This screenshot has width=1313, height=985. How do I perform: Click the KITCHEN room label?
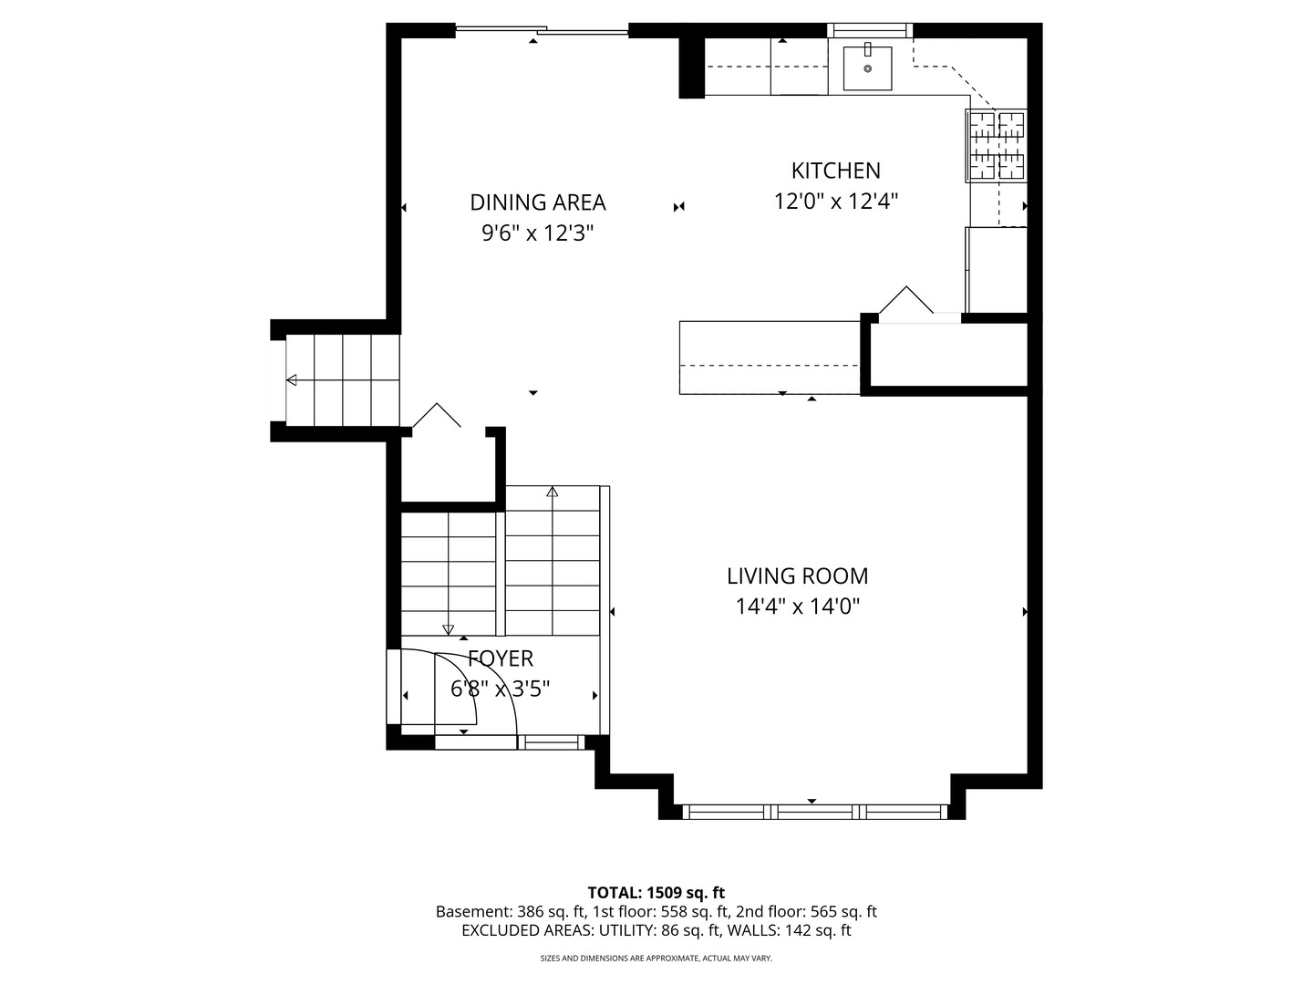pyautogui.click(x=835, y=171)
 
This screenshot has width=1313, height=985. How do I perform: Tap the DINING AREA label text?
pyautogui.click(x=538, y=202)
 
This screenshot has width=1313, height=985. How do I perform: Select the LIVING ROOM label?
pyautogui.click(x=797, y=575)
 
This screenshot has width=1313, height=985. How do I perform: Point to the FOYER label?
pyautogui.click(x=500, y=658)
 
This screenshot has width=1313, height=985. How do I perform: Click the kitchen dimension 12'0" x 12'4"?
pyautogui.click(x=835, y=201)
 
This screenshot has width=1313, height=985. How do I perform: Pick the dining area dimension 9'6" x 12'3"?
pyautogui.click(x=538, y=233)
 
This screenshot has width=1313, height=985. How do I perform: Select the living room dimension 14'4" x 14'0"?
pyautogui.click(x=797, y=607)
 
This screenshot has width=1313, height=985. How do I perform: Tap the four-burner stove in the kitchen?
pyautogui.click(x=997, y=146)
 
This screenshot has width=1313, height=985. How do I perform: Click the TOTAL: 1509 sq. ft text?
pyautogui.click(x=656, y=893)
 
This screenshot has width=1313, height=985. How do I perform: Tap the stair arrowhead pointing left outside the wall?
pyautogui.click(x=291, y=379)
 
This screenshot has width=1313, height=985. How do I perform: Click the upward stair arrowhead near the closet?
pyautogui.click(x=553, y=492)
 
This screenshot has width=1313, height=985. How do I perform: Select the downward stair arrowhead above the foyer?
pyautogui.click(x=448, y=629)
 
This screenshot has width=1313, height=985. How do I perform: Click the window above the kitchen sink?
pyautogui.click(x=871, y=30)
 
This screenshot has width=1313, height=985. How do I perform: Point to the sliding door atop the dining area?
pyautogui.click(x=542, y=30)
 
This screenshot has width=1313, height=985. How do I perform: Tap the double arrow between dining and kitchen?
pyautogui.click(x=678, y=207)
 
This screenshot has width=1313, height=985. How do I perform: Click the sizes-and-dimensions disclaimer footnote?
pyautogui.click(x=656, y=959)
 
